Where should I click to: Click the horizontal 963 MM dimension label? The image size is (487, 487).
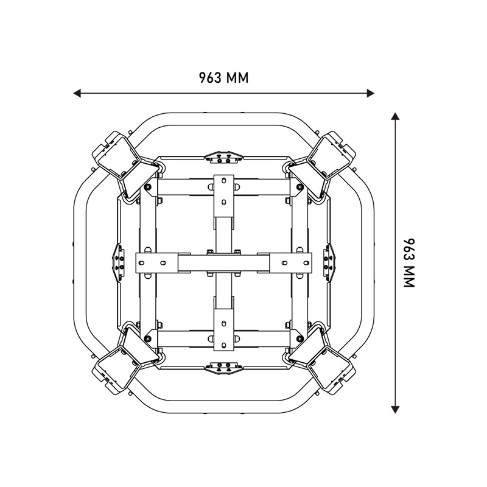point(223,78)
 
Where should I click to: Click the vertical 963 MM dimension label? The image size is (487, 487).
point(409,263)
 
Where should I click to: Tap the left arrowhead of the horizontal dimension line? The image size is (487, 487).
point(77,93)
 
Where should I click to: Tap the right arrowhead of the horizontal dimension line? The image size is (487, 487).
point(371,93)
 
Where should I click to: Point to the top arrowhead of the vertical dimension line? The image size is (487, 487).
point(395,116)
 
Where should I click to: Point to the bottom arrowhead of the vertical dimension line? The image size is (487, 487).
point(395,410)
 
